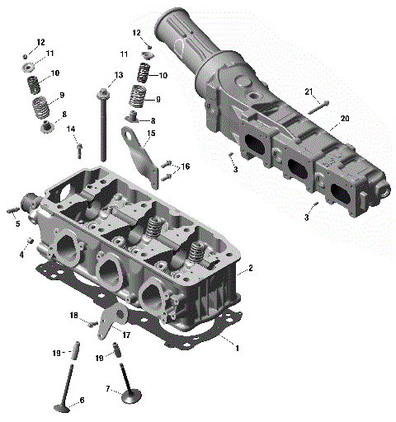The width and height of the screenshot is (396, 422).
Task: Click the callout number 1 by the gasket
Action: (238, 349)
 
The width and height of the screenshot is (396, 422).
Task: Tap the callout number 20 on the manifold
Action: (345, 119)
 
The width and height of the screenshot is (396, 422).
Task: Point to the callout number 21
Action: (309, 91)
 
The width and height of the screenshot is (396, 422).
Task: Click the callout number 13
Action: (119, 76)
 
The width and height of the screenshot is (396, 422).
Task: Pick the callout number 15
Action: (151, 133)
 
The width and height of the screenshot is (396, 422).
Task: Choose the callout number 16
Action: (186, 166)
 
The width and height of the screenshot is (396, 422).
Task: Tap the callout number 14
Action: (71, 129)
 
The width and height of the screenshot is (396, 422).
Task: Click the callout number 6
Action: (82, 401)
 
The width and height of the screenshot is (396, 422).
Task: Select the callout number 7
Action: (107, 388)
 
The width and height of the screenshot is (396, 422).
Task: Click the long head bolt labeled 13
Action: (103, 124)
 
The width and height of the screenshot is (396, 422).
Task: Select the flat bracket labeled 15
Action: (144, 161)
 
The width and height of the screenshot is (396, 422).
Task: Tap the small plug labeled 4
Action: (31, 240)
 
